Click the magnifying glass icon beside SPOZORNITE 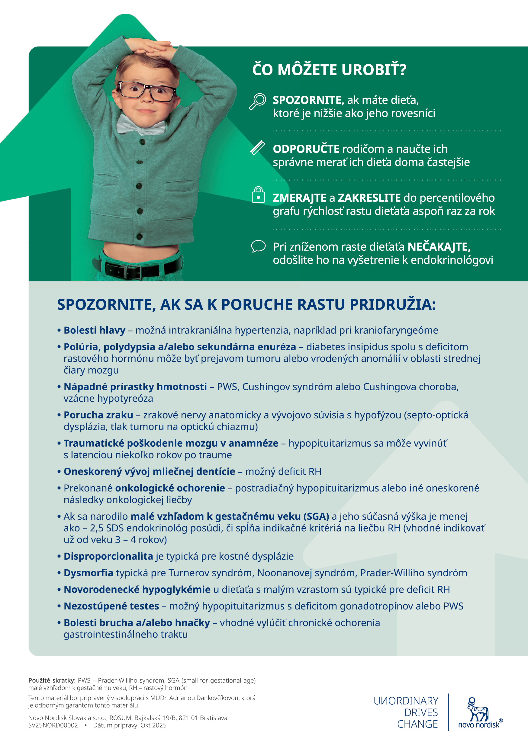(258, 101)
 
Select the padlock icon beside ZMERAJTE (258, 195)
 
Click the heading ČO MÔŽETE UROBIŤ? (329, 70)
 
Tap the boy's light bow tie (142, 127)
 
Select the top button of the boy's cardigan (142, 142)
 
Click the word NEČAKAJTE (439, 247)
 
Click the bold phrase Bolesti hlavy (94, 330)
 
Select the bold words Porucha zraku (98, 415)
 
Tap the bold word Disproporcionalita (108, 556)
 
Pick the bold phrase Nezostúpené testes (111, 606)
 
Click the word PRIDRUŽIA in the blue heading (393, 305)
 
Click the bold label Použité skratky (52, 680)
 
